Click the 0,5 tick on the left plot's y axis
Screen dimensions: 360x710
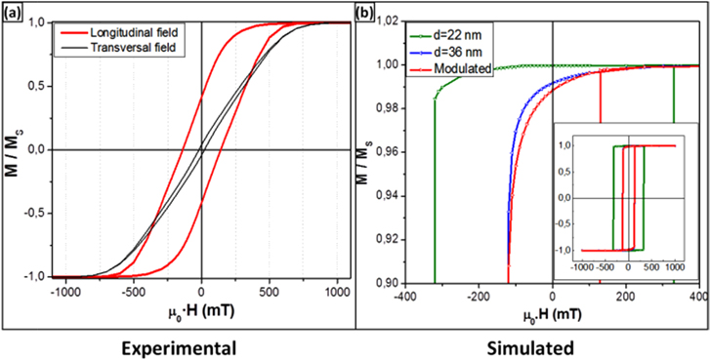click(36, 86)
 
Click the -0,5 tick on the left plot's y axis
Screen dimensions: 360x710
click(34, 214)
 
